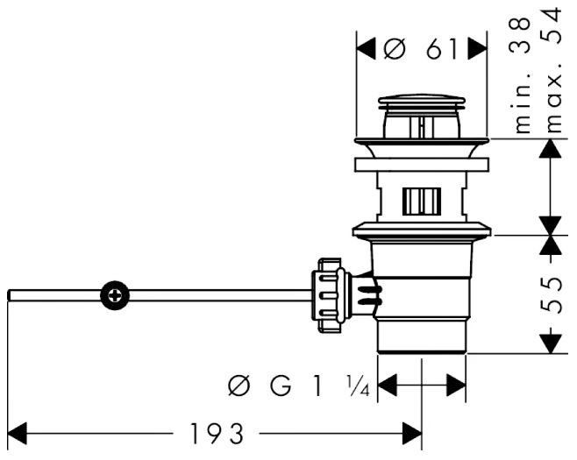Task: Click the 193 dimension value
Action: pos(217,434)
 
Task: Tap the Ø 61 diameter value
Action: pos(419,48)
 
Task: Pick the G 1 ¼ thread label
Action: pos(298,386)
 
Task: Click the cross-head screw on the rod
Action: pos(115,295)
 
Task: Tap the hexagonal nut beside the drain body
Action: pos(328,295)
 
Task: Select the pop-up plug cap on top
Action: pos(422,101)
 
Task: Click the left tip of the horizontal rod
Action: pos(9,295)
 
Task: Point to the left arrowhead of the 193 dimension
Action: pos(17,434)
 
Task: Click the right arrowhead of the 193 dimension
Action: pos(412,434)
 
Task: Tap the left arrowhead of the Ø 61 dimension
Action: pos(367,48)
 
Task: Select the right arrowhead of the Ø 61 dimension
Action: pos(477,48)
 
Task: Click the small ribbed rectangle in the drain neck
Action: pos(422,201)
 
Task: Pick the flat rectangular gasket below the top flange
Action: pos(422,165)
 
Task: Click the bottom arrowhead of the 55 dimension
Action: pos(550,343)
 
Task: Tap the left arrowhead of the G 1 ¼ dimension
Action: pos(388,386)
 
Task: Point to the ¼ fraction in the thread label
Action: pos(359,386)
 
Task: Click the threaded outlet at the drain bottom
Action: pos(422,336)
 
